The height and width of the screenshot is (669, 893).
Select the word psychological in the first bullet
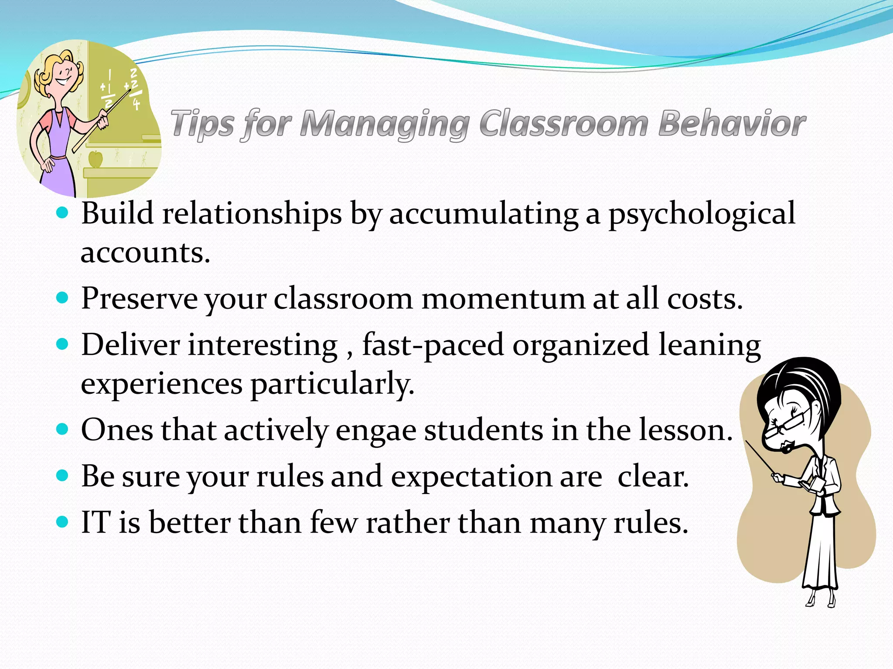point(702,214)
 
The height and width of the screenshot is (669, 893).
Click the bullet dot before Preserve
point(63,298)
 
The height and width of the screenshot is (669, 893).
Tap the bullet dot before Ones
point(63,429)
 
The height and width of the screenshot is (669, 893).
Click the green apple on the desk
point(95,159)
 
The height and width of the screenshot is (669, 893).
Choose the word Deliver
point(130,345)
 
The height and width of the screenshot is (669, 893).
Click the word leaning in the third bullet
point(709,345)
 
